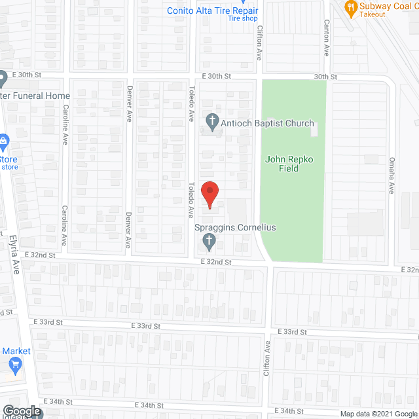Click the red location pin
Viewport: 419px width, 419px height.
tap(209, 193)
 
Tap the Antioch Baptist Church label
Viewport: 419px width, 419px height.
tap(268, 123)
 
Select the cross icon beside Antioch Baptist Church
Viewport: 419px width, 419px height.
tap(211, 120)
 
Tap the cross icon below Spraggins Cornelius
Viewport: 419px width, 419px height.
tap(209, 242)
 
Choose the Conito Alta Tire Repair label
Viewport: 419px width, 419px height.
tap(212, 10)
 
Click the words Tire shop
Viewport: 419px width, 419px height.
tap(243, 19)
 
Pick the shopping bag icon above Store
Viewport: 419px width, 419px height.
tap(3, 140)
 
